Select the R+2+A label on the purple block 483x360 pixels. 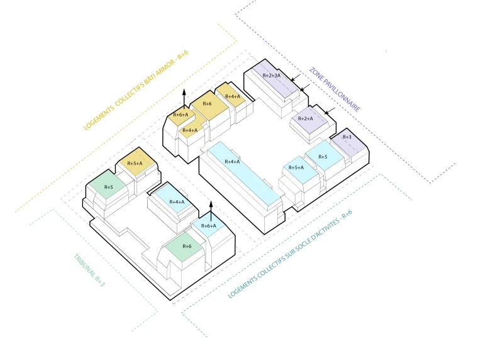click(x=305, y=119)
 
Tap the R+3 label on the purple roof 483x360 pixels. click(x=347, y=137)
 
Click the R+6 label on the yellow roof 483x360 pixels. click(x=206, y=104)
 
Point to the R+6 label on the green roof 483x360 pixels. click(x=186, y=246)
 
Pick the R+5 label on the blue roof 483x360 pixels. click(x=323, y=157)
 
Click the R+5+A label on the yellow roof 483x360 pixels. click(x=135, y=164)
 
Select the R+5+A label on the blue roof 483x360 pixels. click(x=296, y=167)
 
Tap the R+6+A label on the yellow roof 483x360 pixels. click(x=180, y=115)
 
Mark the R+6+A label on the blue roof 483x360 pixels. click(x=208, y=226)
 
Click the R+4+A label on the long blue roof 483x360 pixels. click(x=232, y=162)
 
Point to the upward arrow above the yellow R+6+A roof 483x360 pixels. click(x=184, y=98)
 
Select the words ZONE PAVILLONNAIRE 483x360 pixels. click(x=335, y=89)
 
